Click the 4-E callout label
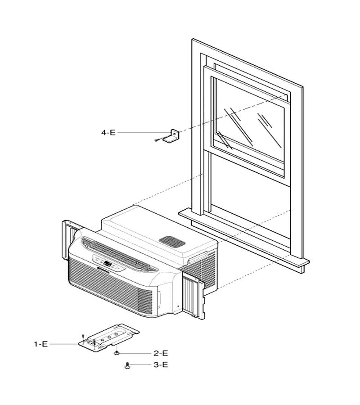[108, 132]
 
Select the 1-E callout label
[41, 344]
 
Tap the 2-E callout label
[161, 353]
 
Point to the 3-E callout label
[161, 364]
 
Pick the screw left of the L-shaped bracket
[157, 140]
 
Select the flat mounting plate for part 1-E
[109, 337]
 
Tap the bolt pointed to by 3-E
[127, 365]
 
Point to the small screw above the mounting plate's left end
[83, 336]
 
